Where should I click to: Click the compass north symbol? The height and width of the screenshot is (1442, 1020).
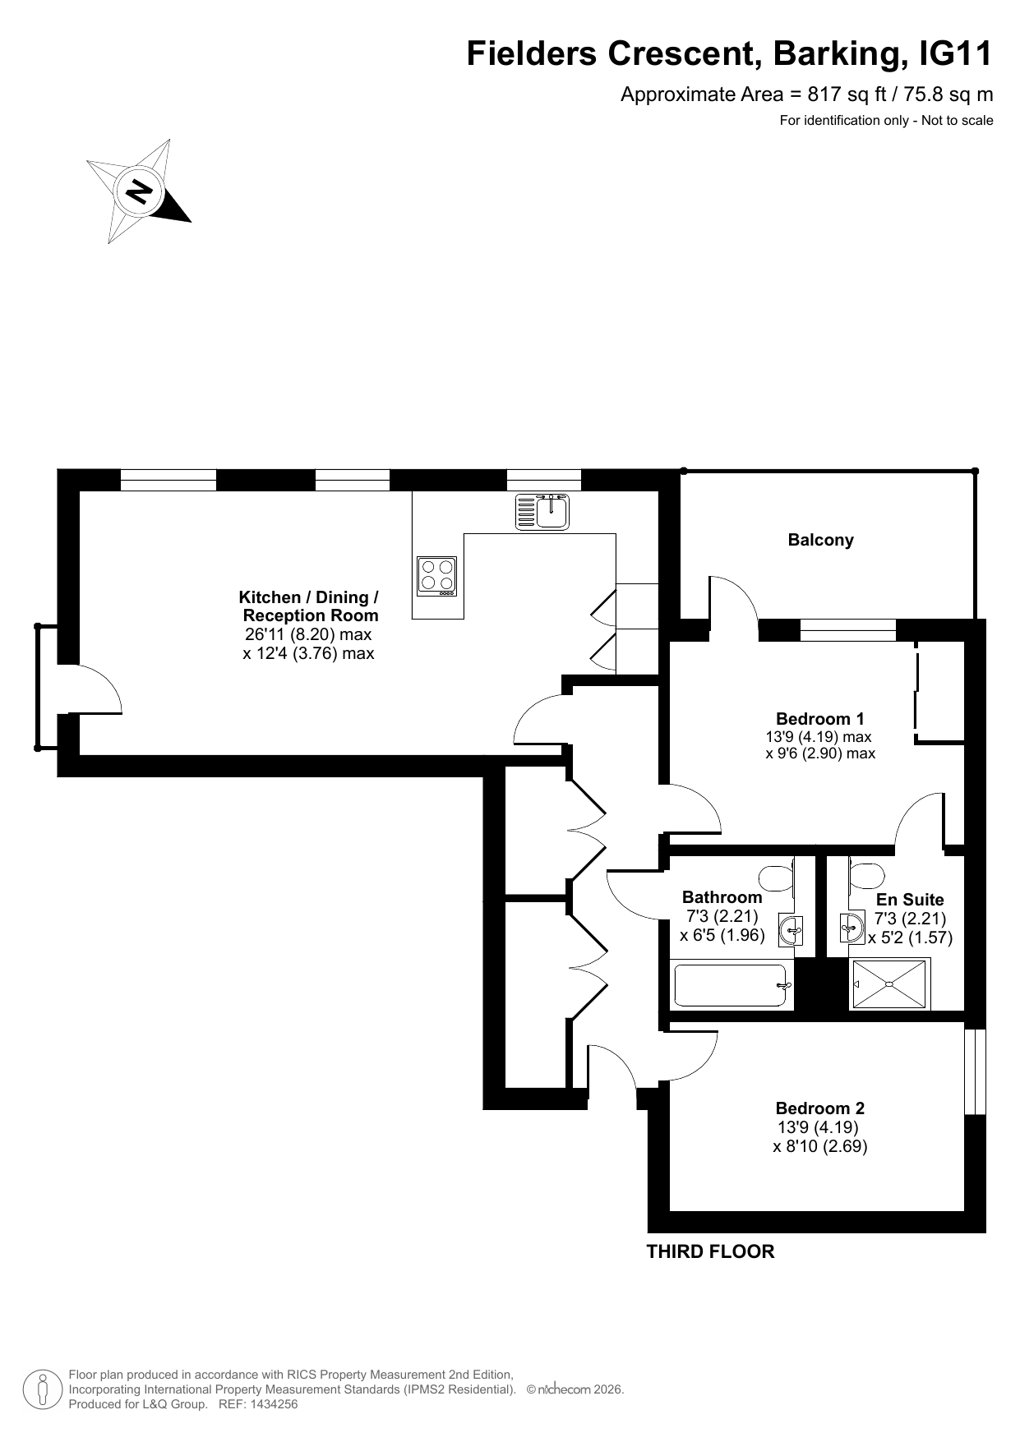[x=138, y=191]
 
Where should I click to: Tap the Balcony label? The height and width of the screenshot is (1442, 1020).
[x=820, y=540]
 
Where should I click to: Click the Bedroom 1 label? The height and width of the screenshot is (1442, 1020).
[x=819, y=719]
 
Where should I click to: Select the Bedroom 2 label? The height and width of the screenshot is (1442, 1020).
[x=819, y=1108]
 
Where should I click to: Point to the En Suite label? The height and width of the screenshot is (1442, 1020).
[x=910, y=900]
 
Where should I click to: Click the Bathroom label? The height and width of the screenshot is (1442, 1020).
[x=722, y=897]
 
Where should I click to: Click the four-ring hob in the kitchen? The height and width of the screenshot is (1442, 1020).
[x=436, y=575]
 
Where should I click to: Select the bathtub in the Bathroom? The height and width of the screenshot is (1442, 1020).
[x=732, y=985]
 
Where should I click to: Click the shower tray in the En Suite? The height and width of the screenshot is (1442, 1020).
[x=889, y=984]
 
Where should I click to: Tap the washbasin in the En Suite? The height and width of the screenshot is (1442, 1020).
[x=852, y=928]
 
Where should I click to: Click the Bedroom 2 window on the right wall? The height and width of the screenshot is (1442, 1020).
[x=975, y=1071]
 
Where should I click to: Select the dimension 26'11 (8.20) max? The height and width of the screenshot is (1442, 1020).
[x=308, y=634]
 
